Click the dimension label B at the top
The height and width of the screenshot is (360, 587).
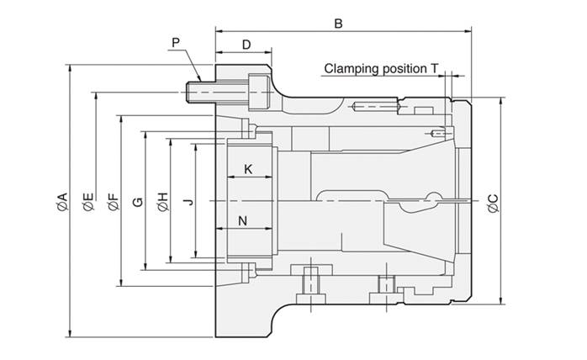338,24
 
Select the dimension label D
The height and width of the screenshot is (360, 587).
246,45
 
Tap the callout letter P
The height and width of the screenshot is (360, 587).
176,43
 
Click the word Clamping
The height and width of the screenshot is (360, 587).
352,69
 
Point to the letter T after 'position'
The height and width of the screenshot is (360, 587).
434,68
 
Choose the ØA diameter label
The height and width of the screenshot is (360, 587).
62,201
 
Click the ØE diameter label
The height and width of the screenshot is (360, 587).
88,202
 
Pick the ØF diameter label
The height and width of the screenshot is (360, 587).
113,202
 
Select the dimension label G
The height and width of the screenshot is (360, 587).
138,202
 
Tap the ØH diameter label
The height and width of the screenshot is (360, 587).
163,202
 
